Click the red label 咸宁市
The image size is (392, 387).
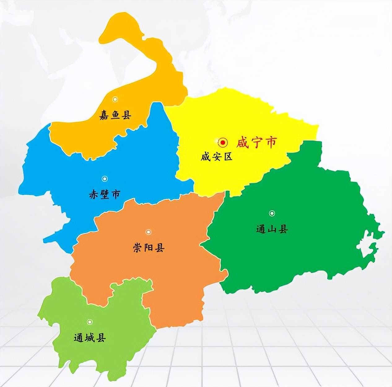tap(256, 143)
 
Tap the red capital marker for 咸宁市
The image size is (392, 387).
tap(223, 143)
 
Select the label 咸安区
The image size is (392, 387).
tap(216, 157)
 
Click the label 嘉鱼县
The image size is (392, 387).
tap(115, 115)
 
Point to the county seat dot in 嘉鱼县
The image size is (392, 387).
tap(115, 99)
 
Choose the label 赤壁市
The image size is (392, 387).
tap(104, 195)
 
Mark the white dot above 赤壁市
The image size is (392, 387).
tap(105, 179)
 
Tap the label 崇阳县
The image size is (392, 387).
tap(149, 248)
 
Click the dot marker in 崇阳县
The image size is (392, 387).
tap(149, 232)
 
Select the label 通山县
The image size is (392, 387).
tap(272, 229)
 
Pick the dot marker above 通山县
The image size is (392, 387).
tap(272, 213)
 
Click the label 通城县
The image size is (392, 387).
tap(90, 338)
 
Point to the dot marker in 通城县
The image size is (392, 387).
tap(89, 322)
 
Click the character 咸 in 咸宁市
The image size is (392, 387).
tap(242, 143)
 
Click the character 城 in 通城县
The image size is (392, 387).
tap(90, 338)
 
